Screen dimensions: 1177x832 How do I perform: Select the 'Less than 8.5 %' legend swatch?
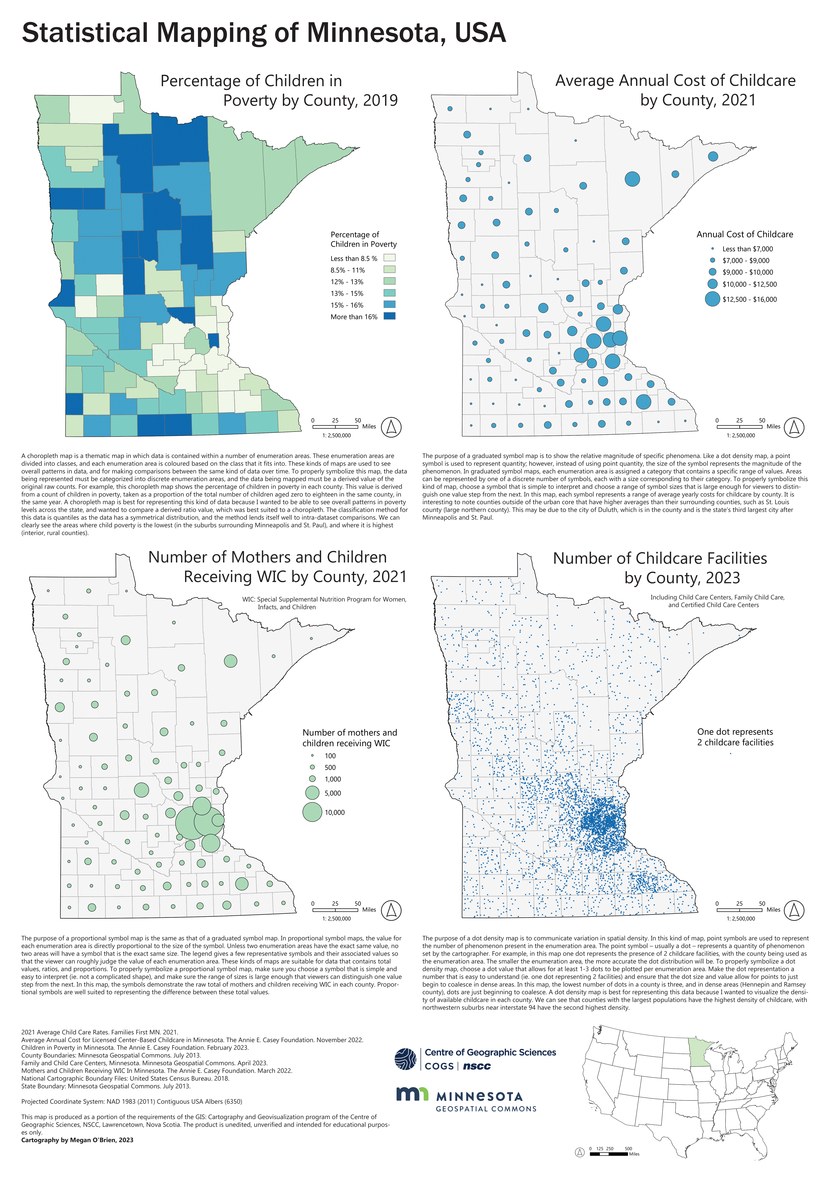[389, 258]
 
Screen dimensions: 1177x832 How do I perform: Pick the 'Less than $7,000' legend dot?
[712, 249]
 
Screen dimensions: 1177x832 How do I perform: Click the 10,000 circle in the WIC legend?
[312, 812]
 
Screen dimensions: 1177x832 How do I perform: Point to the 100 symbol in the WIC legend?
[312, 756]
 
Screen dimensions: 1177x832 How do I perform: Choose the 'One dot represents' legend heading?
[735, 731]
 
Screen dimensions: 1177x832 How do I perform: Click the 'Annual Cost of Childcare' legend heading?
[744, 234]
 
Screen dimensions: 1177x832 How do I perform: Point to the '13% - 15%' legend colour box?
[389, 293]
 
